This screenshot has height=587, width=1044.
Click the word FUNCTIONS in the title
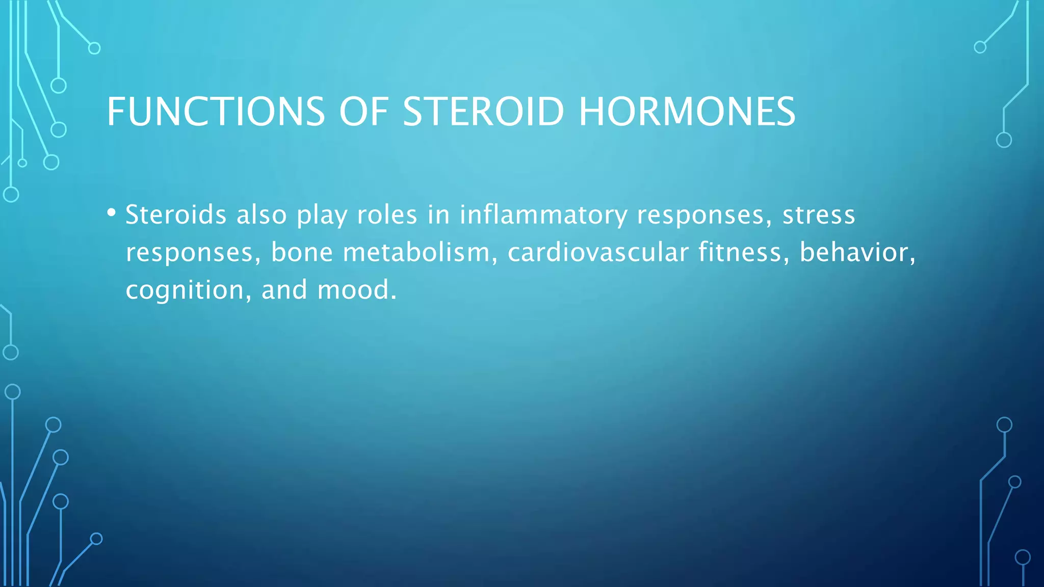coord(215,112)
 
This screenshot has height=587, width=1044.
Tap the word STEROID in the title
coord(483,112)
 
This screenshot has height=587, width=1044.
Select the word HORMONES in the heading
coord(687,112)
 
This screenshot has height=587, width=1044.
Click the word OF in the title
coord(363,112)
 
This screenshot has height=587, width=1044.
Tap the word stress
coord(819,215)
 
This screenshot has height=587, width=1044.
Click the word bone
coord(302,252)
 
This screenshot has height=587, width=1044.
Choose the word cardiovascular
coord(598,252)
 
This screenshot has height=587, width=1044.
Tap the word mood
coord(356,290)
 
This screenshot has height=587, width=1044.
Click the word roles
coord(387,215)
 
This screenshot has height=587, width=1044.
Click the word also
coord(262,215)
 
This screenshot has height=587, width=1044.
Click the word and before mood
coord(284,290)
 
